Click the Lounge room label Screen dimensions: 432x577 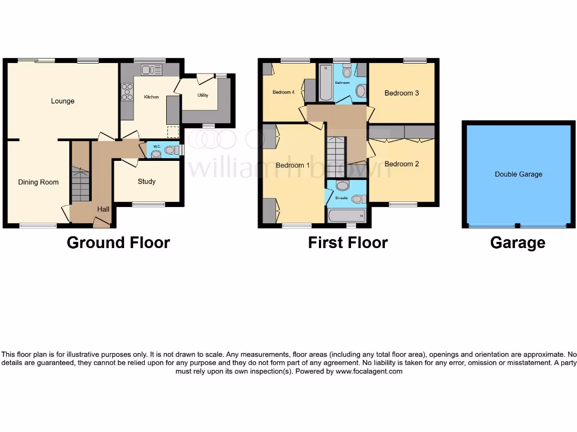[63, 101]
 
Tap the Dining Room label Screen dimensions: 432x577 [38, 182]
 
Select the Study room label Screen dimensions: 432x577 [147, 182]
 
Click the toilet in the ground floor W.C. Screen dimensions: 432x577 [170, 150]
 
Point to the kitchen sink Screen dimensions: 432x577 [152, 70]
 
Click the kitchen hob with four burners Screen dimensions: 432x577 [127, 92]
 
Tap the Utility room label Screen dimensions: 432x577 [203, 95]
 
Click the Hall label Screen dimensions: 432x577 [103, 209]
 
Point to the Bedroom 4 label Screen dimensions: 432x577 [283, 92]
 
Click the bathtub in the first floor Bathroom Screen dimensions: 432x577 [326, 83]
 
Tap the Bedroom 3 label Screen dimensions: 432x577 [401, 93]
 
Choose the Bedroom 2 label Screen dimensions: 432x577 [401, 164]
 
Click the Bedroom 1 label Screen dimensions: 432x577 [292, 165]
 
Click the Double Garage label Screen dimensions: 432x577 [518, 174]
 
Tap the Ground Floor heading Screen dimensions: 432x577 [118, 242]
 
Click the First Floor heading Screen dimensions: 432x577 [348, 242]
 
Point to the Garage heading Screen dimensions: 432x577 [517, 242]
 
